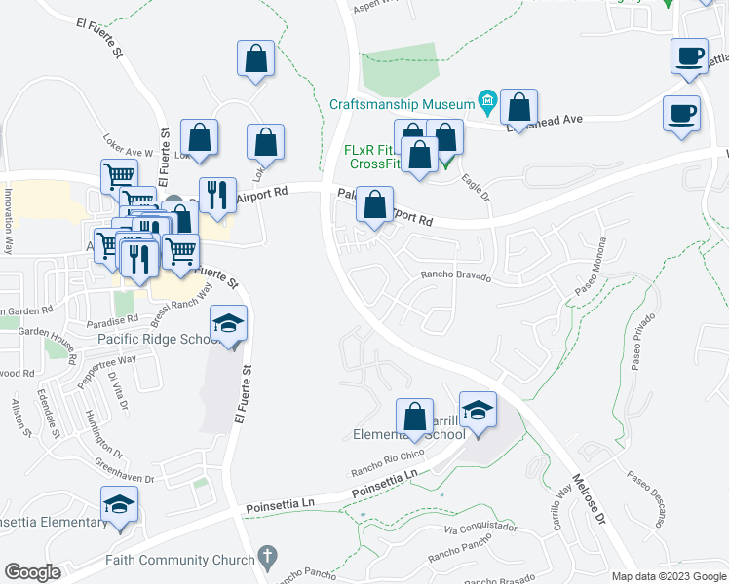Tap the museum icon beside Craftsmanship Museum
[486, 101]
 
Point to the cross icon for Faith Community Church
[267, 558]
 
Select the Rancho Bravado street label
[456, 275]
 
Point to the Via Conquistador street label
[480, 529]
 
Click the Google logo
[32, 572]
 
